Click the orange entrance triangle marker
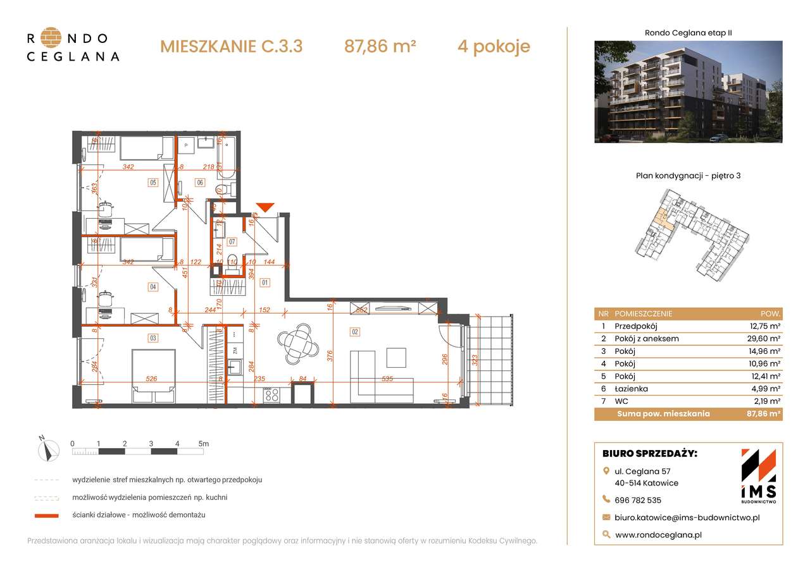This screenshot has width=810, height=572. tap(265, 207)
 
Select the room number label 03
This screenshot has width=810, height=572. tap(153, 338)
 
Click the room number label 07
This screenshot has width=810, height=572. tap(232, 241)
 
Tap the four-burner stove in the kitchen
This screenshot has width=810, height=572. tap(272, 394)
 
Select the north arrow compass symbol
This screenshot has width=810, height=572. tap(47, 449)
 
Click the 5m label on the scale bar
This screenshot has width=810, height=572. tap(203, 444)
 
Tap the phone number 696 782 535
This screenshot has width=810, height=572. tap(638, 500)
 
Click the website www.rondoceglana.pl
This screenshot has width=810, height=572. tap(658, 535)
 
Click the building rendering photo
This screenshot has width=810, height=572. tap(688, 92)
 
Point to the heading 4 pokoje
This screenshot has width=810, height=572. tap(494, 46)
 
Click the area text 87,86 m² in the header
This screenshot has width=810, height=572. tap(380, 46)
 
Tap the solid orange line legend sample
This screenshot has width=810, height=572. tap(47, 516)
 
